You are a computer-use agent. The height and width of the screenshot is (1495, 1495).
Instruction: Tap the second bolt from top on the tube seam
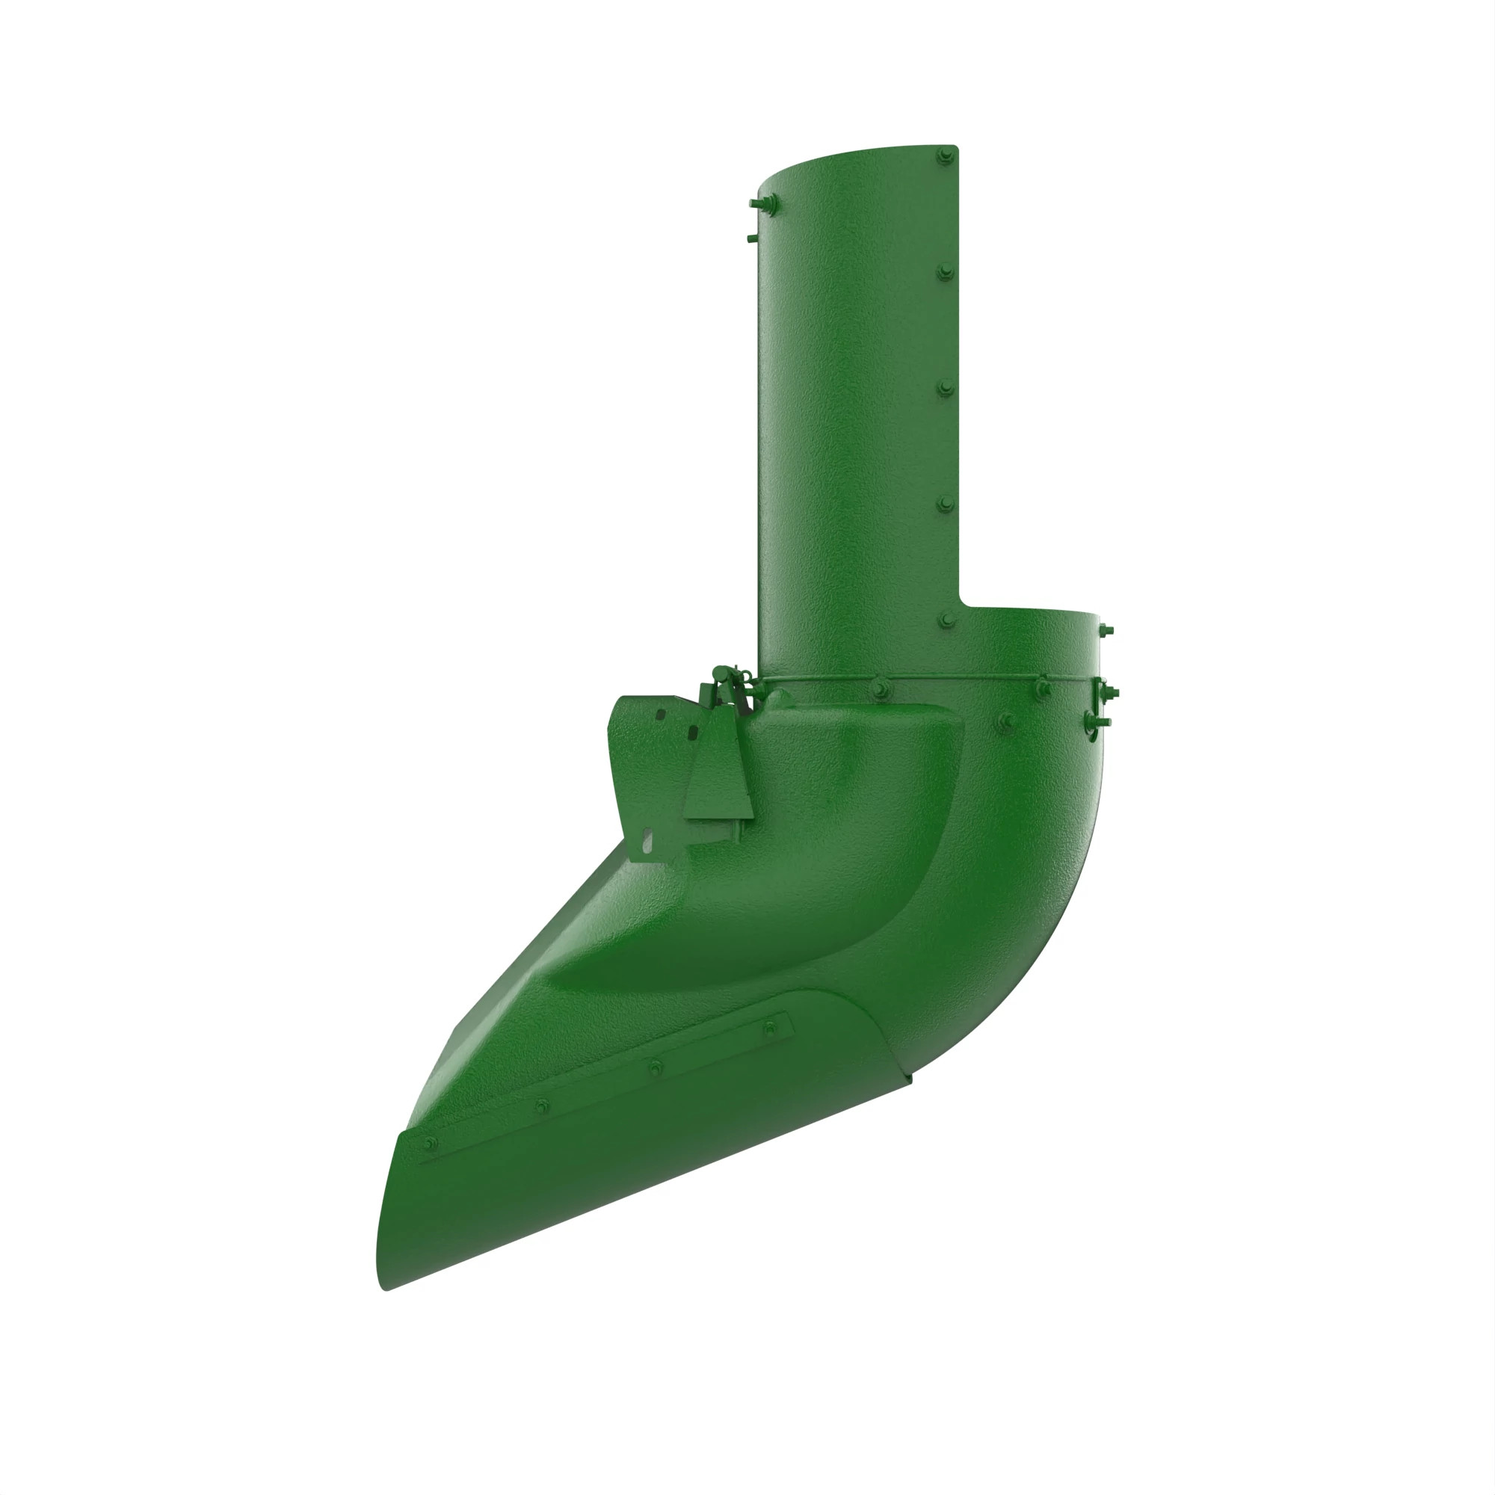pyautogui.click(x=945, y=271)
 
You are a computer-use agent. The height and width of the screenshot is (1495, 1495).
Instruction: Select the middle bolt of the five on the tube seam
pyautogui.click(x=945, y=388)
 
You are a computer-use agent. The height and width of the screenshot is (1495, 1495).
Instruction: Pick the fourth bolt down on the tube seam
pyautogui.click(x=946, y=505)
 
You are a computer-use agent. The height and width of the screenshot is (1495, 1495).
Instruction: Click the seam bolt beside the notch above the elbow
pyautogui.click(x=946, y=620)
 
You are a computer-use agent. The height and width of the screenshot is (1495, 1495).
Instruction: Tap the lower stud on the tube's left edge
pyautogui.click(x=752, y=238)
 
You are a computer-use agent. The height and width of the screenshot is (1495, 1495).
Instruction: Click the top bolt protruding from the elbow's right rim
pyautogui.click(x=1105, y=631)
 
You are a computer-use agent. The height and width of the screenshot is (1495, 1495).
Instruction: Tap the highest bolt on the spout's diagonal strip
pyautogui.click(x=768, y=1029)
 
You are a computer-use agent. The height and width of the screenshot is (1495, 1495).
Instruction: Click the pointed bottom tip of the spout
pyautogui.click(x=384, y=1288)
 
